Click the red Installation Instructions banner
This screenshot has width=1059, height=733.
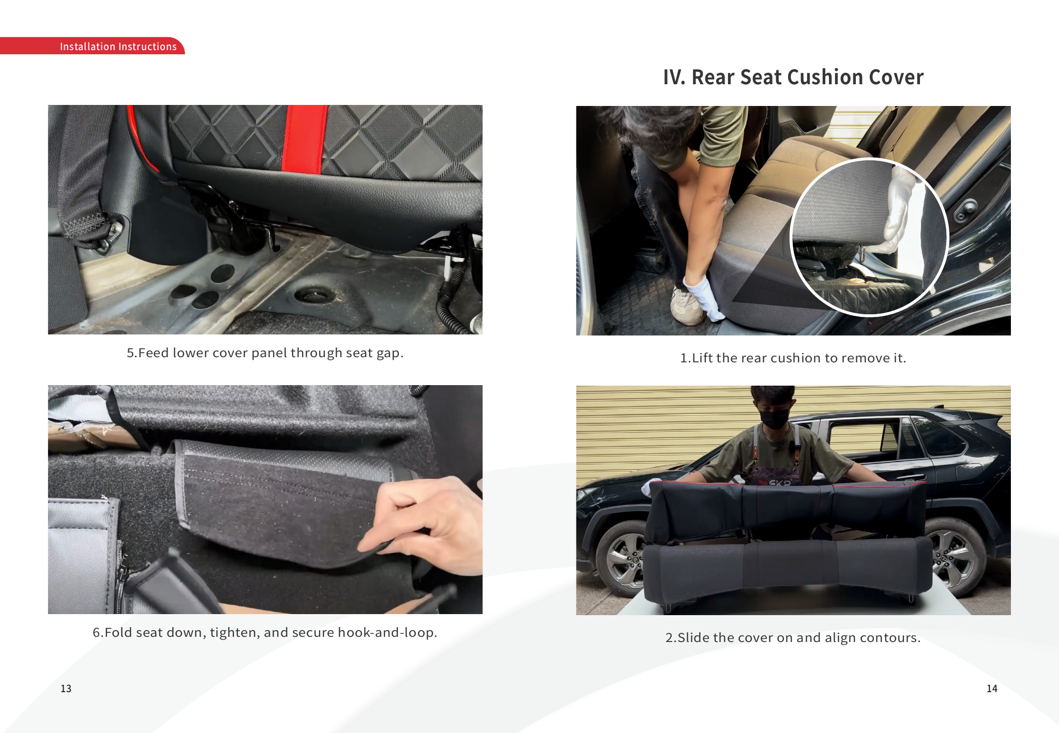tap(92, 46)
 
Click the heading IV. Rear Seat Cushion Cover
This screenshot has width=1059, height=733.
tap(793, 77)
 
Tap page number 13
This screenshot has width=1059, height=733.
tap(66, 689)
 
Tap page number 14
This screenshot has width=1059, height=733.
tap(992, 689)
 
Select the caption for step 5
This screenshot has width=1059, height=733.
tap(265, 353)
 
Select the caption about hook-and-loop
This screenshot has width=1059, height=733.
tap(265, 633)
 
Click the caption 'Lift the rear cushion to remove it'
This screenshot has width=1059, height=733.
tap(793, 358)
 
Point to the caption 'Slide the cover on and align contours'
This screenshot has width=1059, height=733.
tap(793, 638)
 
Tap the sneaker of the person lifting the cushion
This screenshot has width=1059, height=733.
tap(687, 307)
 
